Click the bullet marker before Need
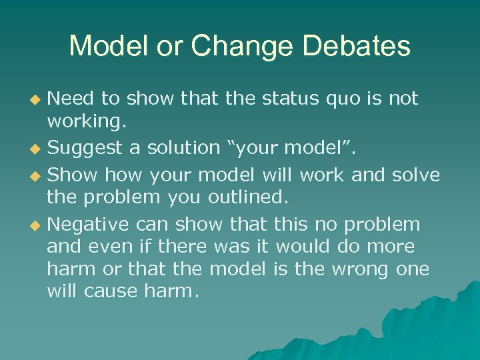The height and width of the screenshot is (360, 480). (x=37, y=100)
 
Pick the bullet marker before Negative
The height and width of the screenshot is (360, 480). (x=37, y=225)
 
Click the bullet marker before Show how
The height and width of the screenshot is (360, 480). (x=37, y=175)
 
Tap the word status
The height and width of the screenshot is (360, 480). (x=298, y=99)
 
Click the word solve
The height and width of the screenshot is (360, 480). (x=415, y=175)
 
